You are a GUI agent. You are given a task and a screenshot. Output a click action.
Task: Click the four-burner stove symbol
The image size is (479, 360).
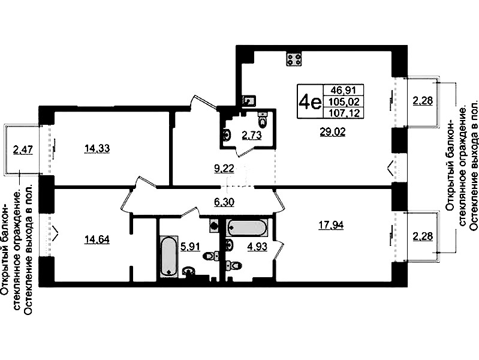point(294,59)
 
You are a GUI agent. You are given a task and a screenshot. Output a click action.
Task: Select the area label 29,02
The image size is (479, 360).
point(332,132)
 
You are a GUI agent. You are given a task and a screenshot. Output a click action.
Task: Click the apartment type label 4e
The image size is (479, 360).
point(310,101)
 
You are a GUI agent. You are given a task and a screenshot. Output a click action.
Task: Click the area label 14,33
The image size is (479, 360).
point(97,149)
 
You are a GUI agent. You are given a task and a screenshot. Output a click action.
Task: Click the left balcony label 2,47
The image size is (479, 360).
point(22,150)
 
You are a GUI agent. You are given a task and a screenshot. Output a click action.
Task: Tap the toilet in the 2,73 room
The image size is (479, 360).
point(263,119)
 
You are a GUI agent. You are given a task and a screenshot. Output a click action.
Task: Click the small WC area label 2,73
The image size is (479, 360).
point(252,135)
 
